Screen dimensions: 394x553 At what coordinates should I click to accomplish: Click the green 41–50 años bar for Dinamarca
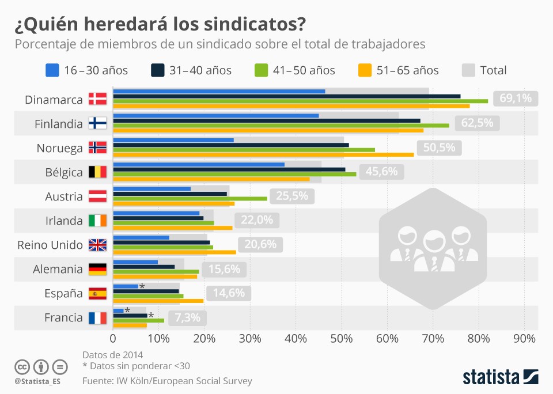[x=300, y=101]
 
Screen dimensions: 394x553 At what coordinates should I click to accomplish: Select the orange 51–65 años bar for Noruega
[x=263, y=154]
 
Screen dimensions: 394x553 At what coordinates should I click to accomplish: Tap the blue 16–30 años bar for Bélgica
[x=199, y=164]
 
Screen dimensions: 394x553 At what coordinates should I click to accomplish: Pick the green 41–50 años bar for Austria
[x=190, y=198]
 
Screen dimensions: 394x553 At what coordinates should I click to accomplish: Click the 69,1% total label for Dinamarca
[x=515, y=99]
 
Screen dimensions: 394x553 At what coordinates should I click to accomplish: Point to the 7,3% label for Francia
[x=187, y=317]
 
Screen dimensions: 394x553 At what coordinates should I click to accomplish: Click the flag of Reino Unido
[x=97, y=245]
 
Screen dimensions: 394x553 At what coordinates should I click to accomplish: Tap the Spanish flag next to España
[x=97, y=294]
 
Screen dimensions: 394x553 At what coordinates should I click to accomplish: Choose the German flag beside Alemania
[x=97, y=269]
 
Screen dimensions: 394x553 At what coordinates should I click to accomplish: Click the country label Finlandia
[x=59, y=124]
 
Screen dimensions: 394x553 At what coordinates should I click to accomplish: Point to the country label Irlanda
[x=64, y=221]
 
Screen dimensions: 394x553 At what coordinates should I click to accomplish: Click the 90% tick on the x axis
[x=524, y=338]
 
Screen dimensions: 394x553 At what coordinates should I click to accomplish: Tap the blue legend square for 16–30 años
[x=52, y=70]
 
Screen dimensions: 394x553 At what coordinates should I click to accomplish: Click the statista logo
[x=500, y=377]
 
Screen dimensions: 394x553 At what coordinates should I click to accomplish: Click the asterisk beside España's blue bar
[x=142, y=286]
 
